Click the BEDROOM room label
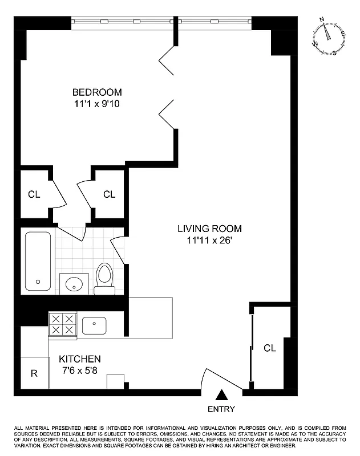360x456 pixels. pyautogui.click(x=96, y=92)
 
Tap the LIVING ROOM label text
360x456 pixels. pyautogui.click(x=209, y=229)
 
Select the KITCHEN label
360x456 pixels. pyautogui.click(x=80, y=359)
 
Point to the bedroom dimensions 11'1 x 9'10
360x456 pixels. pyautogui.click(x=96, y=104)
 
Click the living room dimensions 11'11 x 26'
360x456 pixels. pyautogui.click(x=209, y=241)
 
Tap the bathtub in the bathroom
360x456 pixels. pyautogui.click(x=38, y=260)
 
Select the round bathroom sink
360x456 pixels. pyautogui.click(x=74, y=283)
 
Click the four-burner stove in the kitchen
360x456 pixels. pyautogui.click(x=62, y=324)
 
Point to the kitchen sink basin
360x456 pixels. pyautogui.click(x=94, y=326)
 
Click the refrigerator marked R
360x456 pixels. pyautogui.click(x=34, y=374)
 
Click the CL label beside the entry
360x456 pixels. pyautogui.click(x=270, y=348)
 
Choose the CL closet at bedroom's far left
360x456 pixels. pyautogui.click(x=34, y=194)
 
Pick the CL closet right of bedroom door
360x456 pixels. pyautogui.click(x=109, y=194)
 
